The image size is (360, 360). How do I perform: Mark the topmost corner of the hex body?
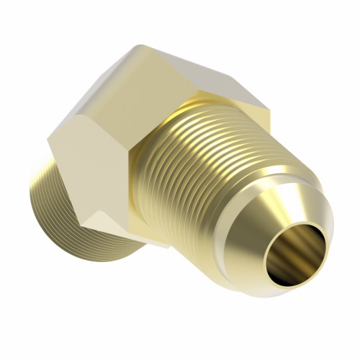136,47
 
